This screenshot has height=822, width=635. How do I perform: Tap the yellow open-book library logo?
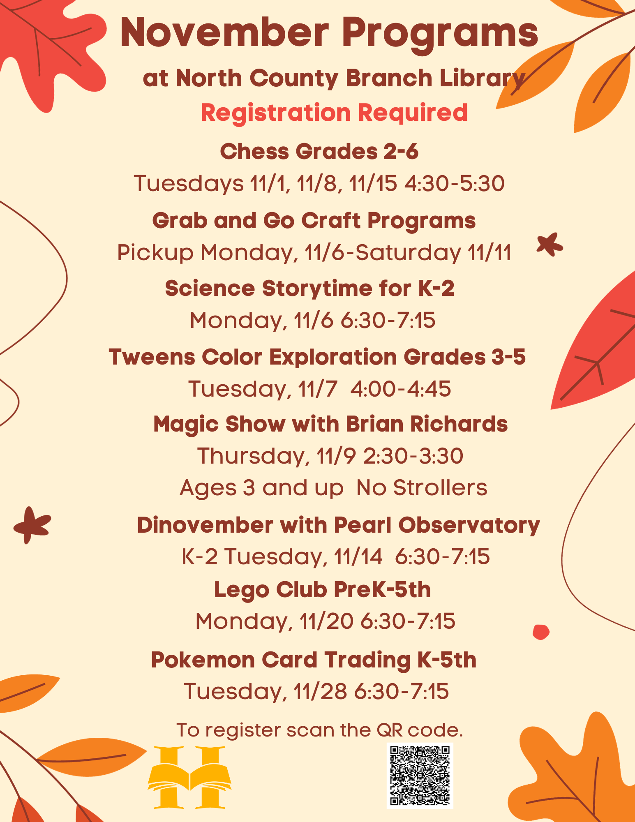tap(189, 777)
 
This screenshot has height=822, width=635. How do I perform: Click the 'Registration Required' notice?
tap(334, 112)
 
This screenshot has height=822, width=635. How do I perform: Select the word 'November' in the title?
tap(225, 33)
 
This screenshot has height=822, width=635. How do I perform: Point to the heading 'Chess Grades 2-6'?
tap(319, 152)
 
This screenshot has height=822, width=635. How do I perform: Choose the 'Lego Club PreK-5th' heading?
tap(322, 590)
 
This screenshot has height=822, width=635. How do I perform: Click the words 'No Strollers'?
tap(422, 488)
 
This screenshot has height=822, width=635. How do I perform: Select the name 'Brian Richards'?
tap(427, 424)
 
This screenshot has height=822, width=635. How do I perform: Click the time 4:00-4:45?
tap(401, 388)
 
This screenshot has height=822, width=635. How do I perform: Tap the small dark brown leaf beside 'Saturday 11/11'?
tap(550, 245)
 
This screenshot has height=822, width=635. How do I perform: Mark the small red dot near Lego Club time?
tap(541, 632)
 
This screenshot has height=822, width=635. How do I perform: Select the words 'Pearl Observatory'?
tap(436, 526)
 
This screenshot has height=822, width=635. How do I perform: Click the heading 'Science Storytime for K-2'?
tap(309, 288)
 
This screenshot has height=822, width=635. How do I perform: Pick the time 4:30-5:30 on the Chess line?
tap(455, 183)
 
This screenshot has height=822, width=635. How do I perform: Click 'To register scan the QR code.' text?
tap(320, 730)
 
